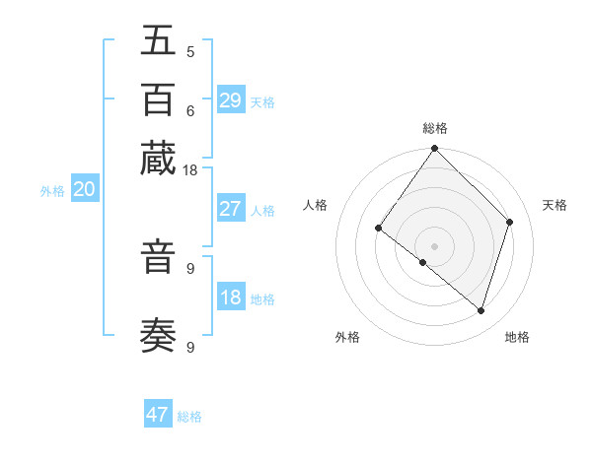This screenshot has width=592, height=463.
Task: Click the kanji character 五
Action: (x=158, y=41)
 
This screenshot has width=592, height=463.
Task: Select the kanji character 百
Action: (x=158, y=99)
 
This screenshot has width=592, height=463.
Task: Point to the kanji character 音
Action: (x=158, y=258)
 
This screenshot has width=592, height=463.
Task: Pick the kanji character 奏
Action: (x=158, y=336)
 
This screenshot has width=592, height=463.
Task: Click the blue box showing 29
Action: (x=231, y=100)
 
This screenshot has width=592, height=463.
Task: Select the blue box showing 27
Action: (x=231, y=209)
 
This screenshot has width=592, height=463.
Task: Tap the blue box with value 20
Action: (x=84, y=190)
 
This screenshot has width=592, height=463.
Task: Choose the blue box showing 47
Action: (x=158, y=415)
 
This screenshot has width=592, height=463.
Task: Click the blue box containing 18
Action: (x=231, y=298)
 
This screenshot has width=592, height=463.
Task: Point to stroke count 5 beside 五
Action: (x=190, y=52)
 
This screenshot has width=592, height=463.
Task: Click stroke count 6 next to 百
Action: (x=190, y=110)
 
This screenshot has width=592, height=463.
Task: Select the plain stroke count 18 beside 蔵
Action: (x=190, y=170)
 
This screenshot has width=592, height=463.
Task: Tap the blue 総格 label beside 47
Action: (x=189, y=417)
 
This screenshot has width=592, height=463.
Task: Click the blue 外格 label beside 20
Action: (x=52, y=192)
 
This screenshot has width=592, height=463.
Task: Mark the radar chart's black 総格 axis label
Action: (x=435, y=128)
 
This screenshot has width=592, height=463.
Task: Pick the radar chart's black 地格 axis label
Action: (x=517, y=337)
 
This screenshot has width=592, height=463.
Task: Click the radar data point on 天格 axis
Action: (x=510, y=222)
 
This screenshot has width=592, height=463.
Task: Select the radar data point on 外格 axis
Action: (x=423, y=262)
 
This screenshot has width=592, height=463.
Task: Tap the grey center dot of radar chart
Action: (x=435, y=245)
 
